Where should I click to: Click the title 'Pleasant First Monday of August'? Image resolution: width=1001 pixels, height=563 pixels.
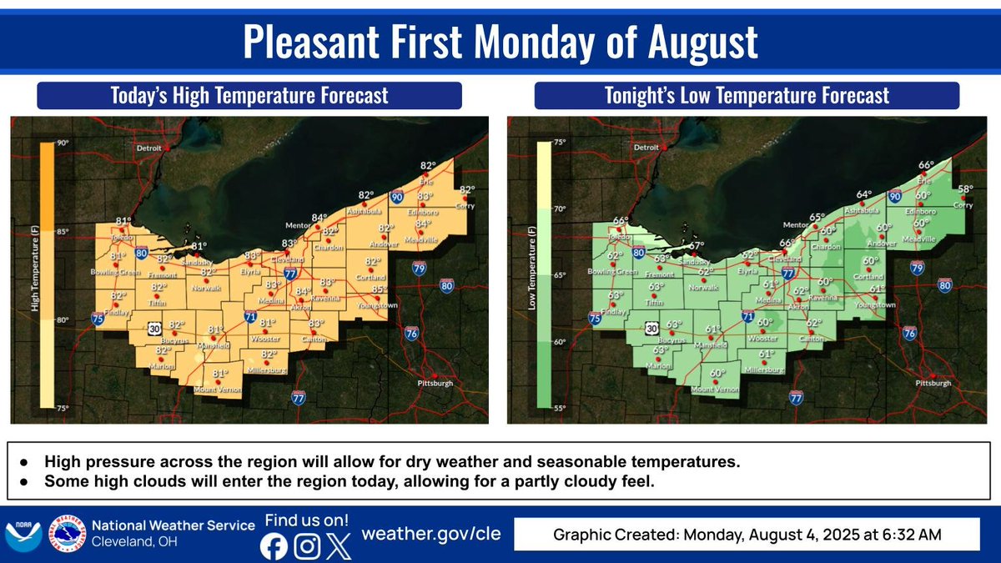[500, 43]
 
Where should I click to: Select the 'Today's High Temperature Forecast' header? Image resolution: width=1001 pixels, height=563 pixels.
[249, 95]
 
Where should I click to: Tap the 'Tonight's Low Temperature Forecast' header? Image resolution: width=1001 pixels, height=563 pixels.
[747, 95]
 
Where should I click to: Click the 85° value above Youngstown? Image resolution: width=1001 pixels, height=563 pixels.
[380, 290]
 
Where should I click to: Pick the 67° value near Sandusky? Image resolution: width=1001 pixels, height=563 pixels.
[697, 245]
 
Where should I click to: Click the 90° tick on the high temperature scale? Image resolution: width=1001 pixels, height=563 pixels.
[63, 143]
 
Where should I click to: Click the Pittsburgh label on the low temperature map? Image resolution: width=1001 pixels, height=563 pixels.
[933, 384]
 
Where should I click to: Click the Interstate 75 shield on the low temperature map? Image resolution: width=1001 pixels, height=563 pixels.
[595, 318]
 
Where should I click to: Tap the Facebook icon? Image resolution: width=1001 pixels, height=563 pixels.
[273, 546]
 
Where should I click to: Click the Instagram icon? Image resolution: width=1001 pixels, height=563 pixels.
[308, 546]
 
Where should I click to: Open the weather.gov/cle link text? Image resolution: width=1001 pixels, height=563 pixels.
[430, 534]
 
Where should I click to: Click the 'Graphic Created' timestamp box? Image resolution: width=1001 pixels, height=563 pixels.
[747, 534]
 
